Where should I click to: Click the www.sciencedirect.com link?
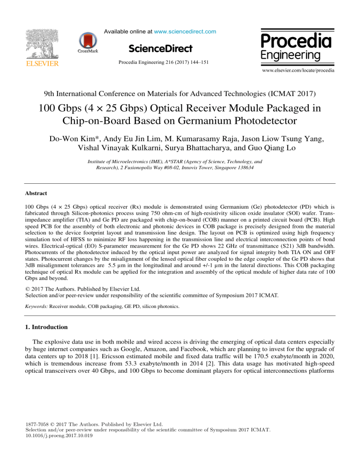(186, 31)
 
